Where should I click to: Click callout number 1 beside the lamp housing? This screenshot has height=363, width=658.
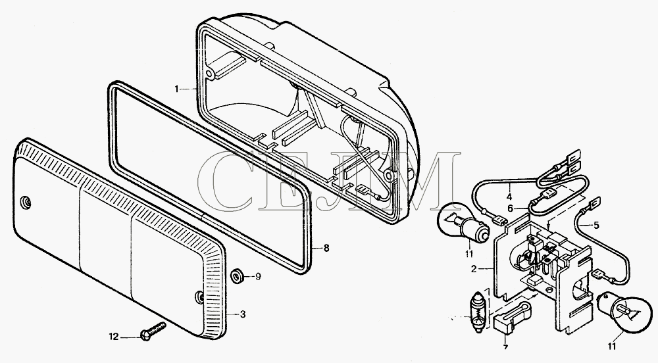(177, 89)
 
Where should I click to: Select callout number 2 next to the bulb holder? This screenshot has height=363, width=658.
(474, 269)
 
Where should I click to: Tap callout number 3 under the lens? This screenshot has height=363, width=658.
(243, 314)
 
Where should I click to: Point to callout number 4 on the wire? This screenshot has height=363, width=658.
(509, 197)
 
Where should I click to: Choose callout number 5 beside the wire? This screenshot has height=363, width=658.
(596, 226)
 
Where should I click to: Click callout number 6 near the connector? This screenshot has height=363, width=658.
(510, 208)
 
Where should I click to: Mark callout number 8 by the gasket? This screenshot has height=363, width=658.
(326, 248)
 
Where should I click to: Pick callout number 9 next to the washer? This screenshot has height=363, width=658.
(258, 277)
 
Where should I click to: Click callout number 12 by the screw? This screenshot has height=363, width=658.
(114, 336)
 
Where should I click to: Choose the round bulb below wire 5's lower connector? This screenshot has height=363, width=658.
(624, 313)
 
